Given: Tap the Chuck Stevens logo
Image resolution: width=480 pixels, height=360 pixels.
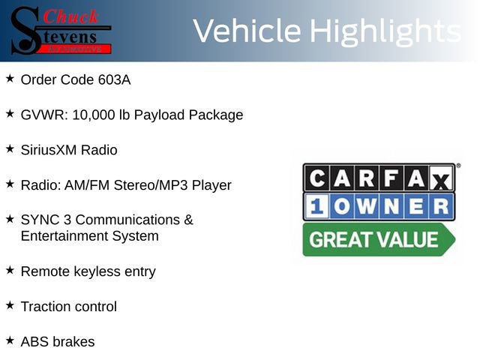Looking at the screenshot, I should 60,31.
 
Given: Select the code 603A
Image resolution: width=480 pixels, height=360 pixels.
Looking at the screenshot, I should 114,79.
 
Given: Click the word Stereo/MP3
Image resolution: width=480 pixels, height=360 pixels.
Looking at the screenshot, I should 150,185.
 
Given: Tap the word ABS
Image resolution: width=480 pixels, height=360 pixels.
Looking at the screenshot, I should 34,342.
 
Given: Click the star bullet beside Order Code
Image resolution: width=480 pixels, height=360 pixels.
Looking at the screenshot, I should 10,78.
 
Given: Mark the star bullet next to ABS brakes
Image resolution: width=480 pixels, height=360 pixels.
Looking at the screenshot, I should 10,340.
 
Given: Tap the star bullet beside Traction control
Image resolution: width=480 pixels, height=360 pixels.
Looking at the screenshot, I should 10,305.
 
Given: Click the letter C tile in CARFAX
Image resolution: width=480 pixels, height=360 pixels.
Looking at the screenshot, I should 317,178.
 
